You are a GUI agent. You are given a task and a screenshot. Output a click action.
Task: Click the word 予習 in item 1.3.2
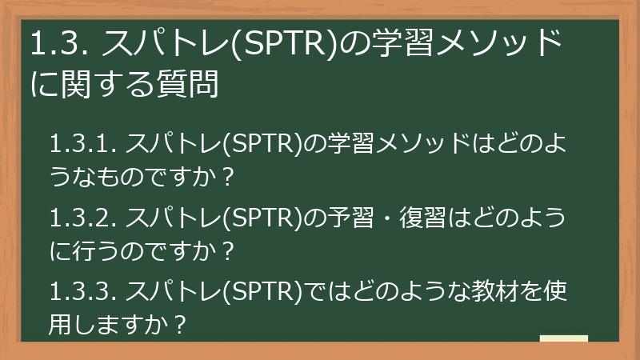click(x=348, y=216)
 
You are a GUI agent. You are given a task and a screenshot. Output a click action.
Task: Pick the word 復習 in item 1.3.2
click(x=431, y=216)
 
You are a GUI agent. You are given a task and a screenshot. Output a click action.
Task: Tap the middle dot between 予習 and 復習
click(x=390, y=216)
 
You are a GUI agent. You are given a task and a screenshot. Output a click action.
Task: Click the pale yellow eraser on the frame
click(x=564, y=338)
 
